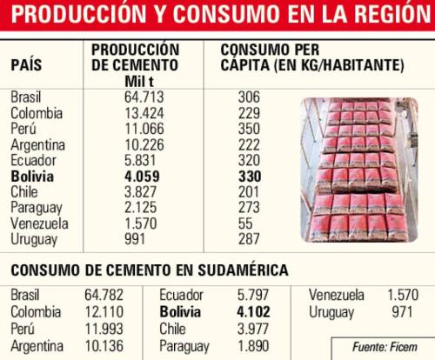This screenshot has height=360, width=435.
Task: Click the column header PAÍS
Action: pos(26,65)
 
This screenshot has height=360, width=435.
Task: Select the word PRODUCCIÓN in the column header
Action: pos(135,50)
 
